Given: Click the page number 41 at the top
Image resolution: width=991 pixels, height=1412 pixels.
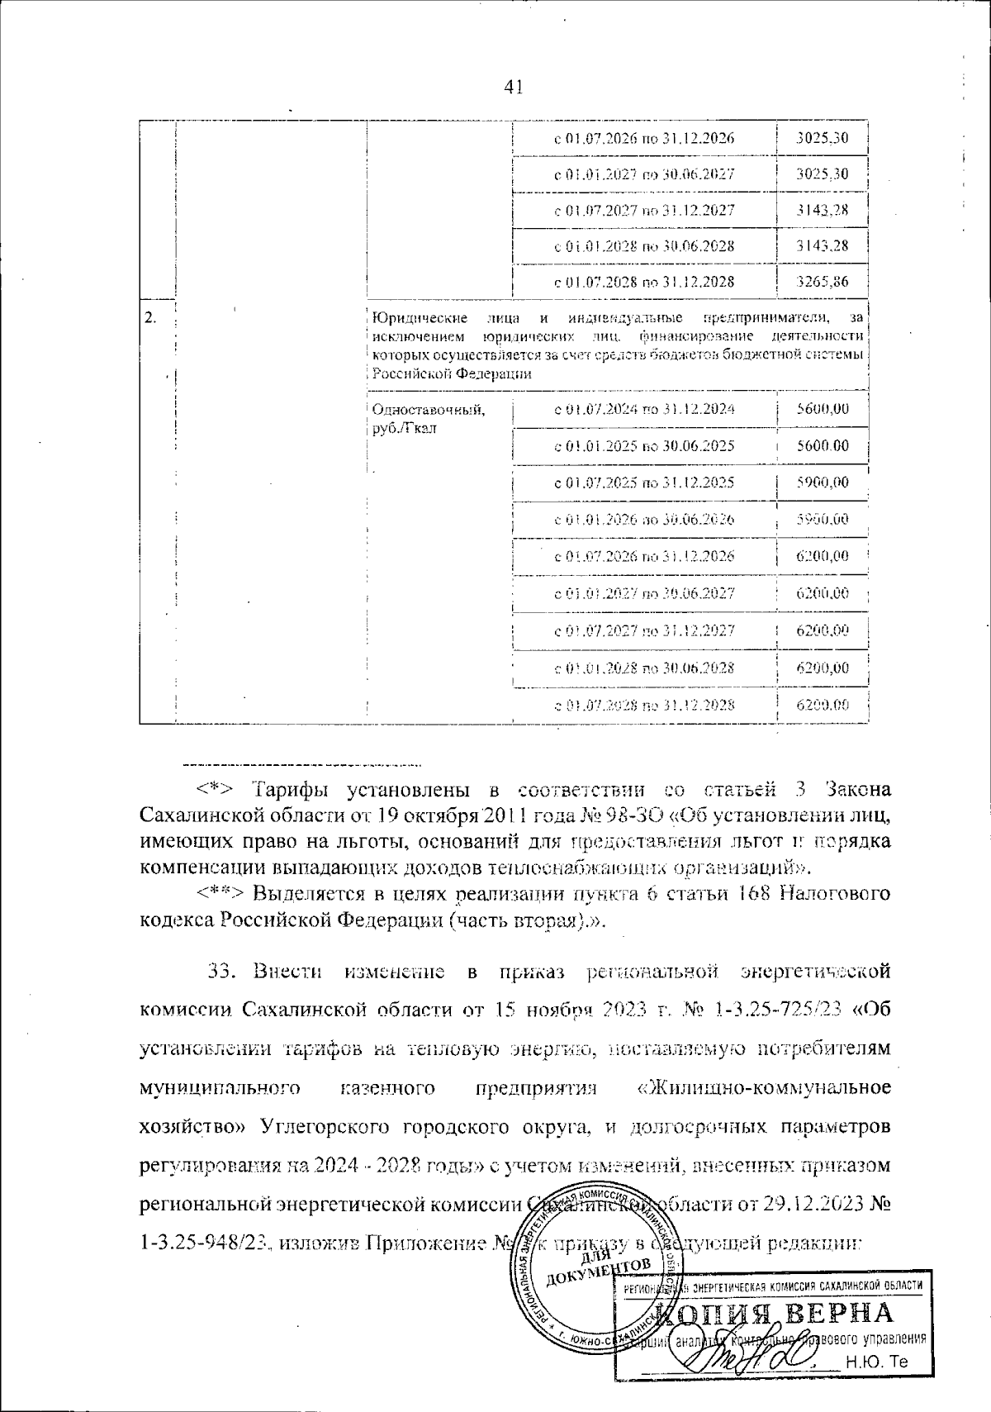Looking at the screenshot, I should tap(513, 87).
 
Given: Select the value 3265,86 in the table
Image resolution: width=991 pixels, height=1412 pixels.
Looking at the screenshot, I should tap(822, 282).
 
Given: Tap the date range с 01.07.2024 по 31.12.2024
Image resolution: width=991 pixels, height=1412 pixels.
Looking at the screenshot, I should tap(643, 409).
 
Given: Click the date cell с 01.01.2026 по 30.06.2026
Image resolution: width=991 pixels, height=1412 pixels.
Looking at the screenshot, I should tap(643, 520).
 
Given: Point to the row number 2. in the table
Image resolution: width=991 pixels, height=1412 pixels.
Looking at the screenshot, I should tap(151, 318).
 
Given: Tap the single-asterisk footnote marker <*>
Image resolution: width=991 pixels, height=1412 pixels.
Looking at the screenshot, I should tap(216, 787).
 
